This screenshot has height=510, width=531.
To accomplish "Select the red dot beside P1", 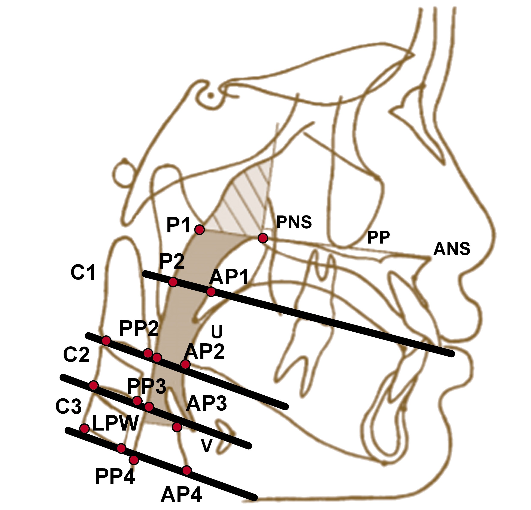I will coord(200,230).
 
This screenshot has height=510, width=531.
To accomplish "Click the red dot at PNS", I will coord(263,238).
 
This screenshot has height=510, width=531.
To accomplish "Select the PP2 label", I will coord(139,328).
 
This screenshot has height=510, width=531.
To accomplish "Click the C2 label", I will coord(76,355).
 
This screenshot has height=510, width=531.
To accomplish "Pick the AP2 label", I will coord(204,352).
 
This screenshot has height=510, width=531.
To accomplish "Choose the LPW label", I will coord(115,423).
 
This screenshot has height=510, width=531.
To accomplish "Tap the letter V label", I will coord(206,446).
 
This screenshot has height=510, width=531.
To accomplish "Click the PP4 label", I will coord(115,477).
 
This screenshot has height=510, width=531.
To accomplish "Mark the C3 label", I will coord(69,407).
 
